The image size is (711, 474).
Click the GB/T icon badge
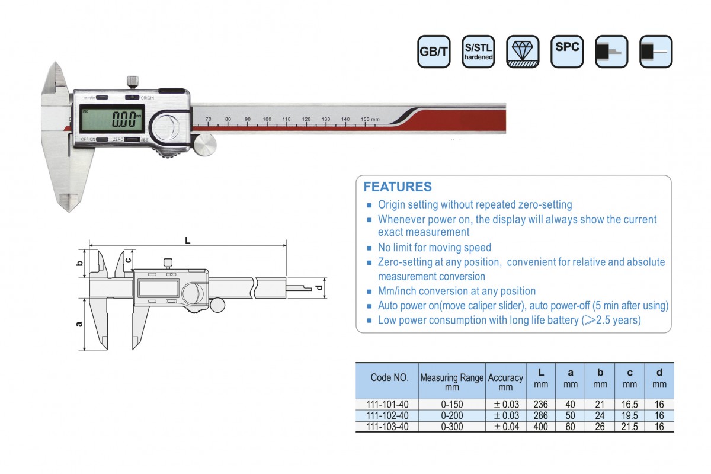434,52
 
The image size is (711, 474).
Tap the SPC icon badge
567,52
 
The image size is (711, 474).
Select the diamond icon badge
523,52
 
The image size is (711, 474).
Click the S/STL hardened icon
478,52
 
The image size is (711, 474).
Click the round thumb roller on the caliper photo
206,145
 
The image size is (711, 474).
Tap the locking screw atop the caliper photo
133,81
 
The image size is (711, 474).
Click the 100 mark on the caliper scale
267,120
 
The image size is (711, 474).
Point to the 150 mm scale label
370,120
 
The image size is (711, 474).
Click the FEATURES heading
398,187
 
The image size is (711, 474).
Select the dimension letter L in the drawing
187,240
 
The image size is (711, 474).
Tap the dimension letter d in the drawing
319,288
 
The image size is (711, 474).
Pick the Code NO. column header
389,377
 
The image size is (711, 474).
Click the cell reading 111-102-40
389,415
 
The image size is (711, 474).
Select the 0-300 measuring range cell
451,427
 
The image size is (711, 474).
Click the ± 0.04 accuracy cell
506,427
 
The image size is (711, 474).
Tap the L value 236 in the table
540,405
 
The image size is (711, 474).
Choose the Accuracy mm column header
505,382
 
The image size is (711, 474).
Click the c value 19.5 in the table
629,415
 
